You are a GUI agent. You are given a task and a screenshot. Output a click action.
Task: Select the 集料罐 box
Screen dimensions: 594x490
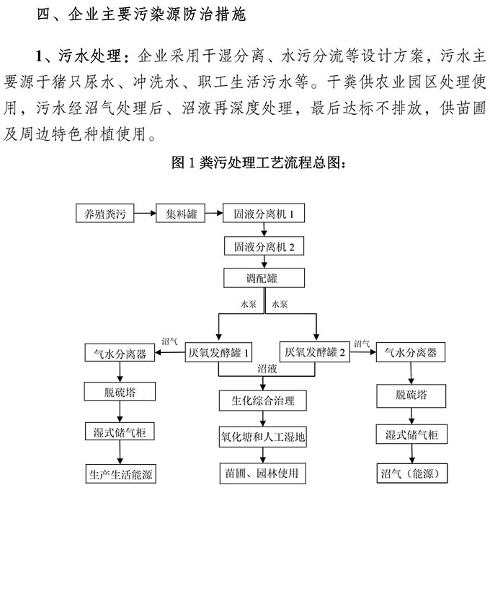click(x=181, y=214)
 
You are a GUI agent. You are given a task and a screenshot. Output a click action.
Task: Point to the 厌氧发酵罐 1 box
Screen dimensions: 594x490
click(x=219, y=352)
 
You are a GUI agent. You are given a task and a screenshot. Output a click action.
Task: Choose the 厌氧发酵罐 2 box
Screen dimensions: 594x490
click(x=316, y=352)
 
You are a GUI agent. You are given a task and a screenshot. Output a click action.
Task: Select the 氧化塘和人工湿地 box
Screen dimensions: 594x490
click(x=262, y=436)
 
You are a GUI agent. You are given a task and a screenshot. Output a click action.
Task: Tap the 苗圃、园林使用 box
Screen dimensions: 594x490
click(x=262, y=473)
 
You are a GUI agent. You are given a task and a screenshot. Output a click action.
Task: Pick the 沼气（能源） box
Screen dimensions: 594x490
click(x=412, y=473)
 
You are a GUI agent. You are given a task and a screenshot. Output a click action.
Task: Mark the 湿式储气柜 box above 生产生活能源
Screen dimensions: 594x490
click(x=120, y=432)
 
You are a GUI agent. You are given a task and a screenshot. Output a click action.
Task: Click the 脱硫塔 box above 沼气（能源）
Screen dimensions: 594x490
click(x=412, y=396)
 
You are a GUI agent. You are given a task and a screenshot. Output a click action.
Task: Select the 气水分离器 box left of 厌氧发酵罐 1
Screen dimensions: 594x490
click(x=120, y=354)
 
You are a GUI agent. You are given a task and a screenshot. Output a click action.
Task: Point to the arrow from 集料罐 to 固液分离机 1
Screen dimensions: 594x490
click(x=213, y=214)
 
